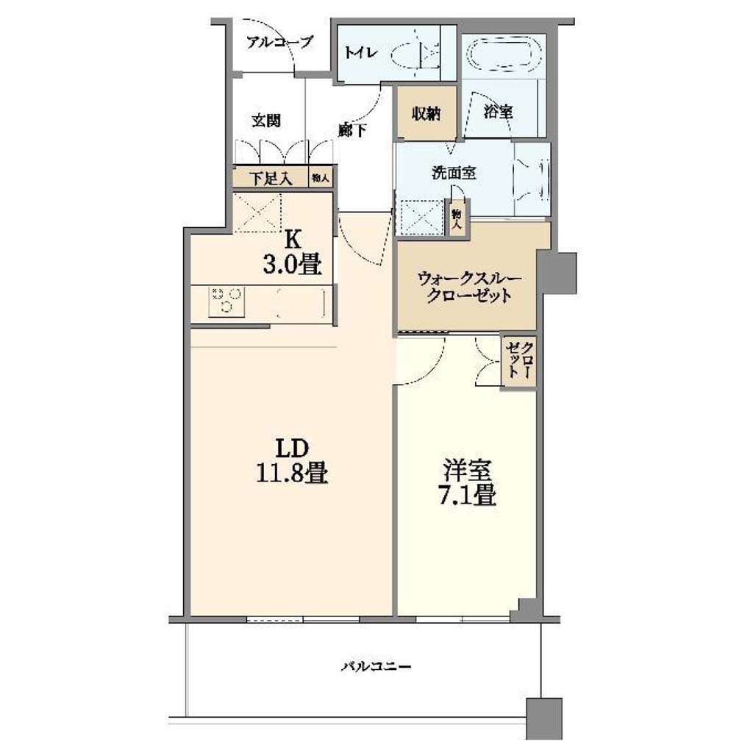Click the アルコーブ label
pos(279,42)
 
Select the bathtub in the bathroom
pos(504,54)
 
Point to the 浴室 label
pos(498,112)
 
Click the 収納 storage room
pos(426,113)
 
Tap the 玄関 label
pos(266,121)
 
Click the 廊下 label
pos(353,129)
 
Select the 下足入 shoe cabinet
pos(270,178)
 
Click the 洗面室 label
pos(454,172)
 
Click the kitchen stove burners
pos(226,301)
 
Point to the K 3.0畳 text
pos(292,251)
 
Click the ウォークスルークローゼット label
pos(468,287)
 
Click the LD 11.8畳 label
pos(291,460)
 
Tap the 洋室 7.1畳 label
pos(467,482)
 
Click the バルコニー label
pos(376,666)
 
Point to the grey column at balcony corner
pos(544,718)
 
